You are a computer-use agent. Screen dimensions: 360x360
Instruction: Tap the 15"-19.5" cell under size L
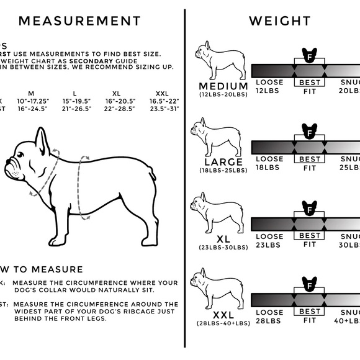pyautogui.click(x=76, y=101)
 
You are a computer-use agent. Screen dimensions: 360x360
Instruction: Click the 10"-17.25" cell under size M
pyautogui.click(x=33, y=101)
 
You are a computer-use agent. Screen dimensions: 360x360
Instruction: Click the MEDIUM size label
pyautogui.click(x=223, y=86)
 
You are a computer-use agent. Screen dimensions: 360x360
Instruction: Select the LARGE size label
pyautogui.click(x=223, y=162)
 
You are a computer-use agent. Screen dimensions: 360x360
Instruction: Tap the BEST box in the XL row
pyautogui.click(x=309, y=236)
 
